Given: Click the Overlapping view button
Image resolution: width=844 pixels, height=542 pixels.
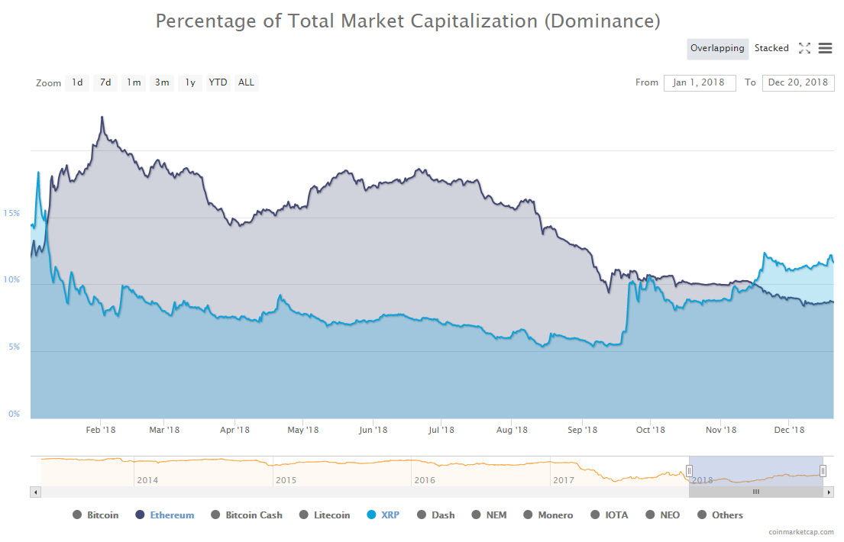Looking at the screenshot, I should pyautogui.click(x=717, y=48).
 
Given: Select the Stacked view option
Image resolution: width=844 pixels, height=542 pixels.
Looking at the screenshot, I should pyautogui.click(x=771, y=48).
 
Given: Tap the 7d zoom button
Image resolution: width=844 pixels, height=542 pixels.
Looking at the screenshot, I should pyautogui.click(x=105, y=82).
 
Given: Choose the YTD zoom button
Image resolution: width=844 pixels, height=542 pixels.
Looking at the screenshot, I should pyautogui.click(x=218, y=82).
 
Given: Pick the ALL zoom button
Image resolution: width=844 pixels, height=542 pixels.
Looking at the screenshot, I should pyautogui.click(x=246, y=82).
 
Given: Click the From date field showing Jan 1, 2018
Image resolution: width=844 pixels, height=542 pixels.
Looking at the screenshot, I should pyautogui.click(x=700, y=82).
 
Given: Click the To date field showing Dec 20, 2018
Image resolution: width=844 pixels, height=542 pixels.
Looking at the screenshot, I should pyautogui.click(x=798, y=82).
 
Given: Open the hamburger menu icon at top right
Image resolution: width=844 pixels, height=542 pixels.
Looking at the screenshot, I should pyautogui.click(x=825, y=48).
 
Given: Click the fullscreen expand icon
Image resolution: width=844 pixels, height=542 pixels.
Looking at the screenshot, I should pyautogui.click(x=804, y=48).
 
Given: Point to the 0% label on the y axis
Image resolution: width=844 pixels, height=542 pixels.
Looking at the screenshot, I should pyautogui.click(x=14, y=414).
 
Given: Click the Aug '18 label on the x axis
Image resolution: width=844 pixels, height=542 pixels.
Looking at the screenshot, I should pyautogui.click(x=512, y=430).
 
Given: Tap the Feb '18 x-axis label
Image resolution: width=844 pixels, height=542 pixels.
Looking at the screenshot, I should pyautogui.click(x=101, y=430).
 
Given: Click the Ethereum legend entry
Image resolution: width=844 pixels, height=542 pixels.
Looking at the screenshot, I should pyautogui.click(x=172, y=515).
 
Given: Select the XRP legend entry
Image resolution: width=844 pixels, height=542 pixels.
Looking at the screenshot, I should pyautogui.click(x=390, y=515).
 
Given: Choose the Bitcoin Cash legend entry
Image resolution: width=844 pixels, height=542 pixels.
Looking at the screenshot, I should pyautogui.click(x=254, y=515).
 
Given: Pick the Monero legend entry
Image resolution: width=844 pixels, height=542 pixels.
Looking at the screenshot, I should pyautogui.click(x=555, y=515).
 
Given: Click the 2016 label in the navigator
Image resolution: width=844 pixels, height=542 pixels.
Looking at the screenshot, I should pyautogui.click(x=425, y=480).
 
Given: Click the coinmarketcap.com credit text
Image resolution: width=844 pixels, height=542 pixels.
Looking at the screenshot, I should pyautogui.click(x=802, y=531).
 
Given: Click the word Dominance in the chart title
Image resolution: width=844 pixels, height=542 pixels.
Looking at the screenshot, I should pyautogui.click(x=602, y=21).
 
